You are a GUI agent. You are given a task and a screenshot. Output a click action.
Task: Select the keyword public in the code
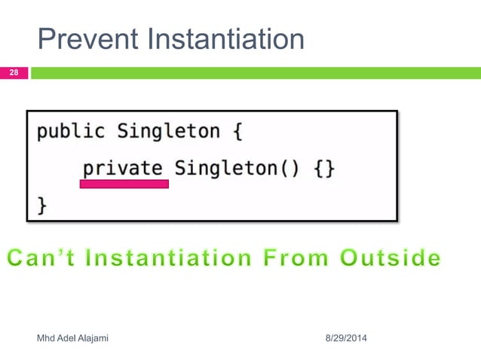pyautogui.click(x=71, y=131)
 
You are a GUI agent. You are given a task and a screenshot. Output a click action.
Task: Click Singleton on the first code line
pyautogui.click(x=168, y=131)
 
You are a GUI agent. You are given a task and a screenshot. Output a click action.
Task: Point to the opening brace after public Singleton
pyautogui.click(x=237, y=132)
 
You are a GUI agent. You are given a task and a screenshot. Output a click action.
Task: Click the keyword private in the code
pyautogui.click(x=123, y=167)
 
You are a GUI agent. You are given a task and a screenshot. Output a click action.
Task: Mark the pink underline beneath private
pyautogui.click(x=124, y=184)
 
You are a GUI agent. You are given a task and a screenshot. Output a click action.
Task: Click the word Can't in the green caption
pyautogui.click(x=45, y=258)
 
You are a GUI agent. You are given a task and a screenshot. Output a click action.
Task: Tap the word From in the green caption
pyautogui.click(x=305, y=258)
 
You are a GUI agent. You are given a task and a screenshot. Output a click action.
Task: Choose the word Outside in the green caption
pyautogui.click(x=390, y=258)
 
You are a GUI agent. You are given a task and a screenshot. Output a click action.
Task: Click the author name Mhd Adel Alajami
pyautogui.click(x=72, y=339)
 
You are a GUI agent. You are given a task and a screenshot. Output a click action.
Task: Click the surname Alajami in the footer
pyautogui.click(x=92, y=339)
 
